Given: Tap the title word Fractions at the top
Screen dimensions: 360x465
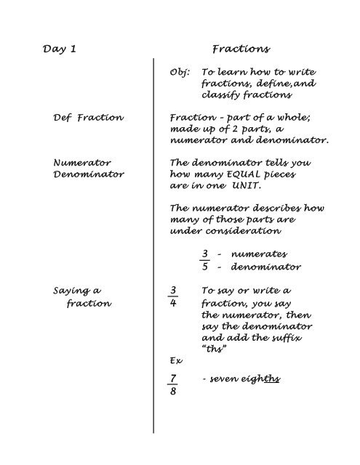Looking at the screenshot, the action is (240, 49).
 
